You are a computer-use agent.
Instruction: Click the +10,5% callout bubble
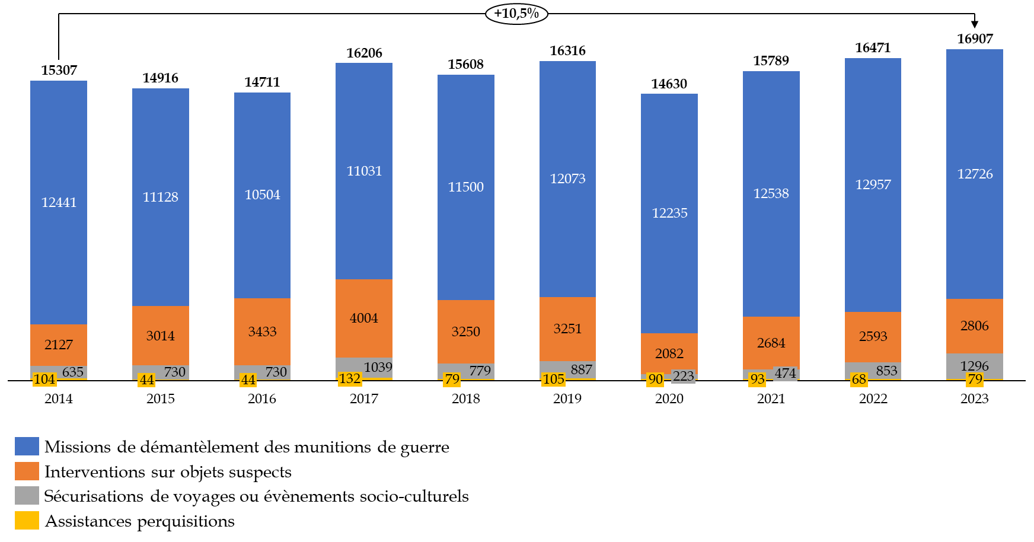coord(516,14)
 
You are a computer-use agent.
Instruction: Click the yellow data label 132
coord(350,379)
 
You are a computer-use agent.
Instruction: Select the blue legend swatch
coord(27,446)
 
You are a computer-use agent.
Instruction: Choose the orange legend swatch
coord(27,471)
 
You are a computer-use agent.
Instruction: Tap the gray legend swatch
coord(27,495)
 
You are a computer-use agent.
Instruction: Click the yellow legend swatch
coord(27,520)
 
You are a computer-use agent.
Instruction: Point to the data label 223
coord(683,377)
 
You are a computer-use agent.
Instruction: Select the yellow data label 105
coord(553,380)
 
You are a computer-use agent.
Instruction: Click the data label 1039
coord(378,367)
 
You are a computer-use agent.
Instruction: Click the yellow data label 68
coord(859,380)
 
